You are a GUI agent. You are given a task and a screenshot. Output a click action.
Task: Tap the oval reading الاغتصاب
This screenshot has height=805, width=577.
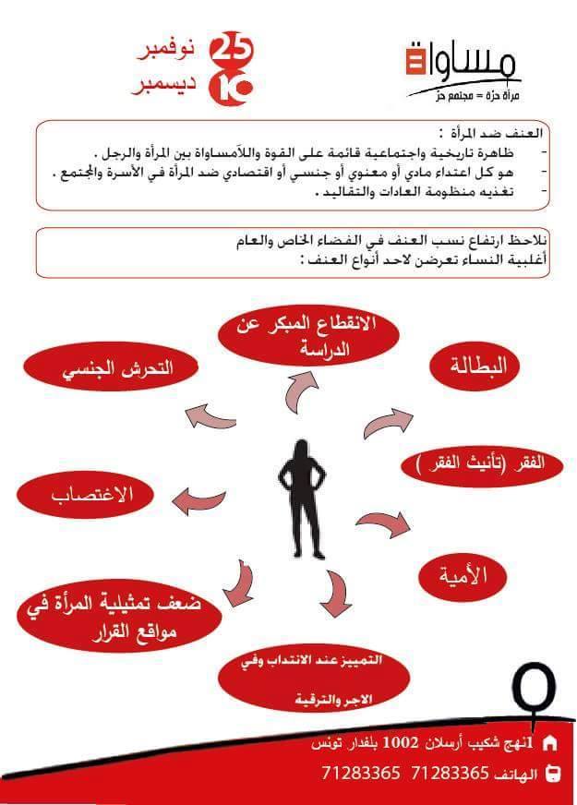point(88,494)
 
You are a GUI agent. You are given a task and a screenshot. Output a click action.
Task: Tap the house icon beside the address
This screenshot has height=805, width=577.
point(551,742)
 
